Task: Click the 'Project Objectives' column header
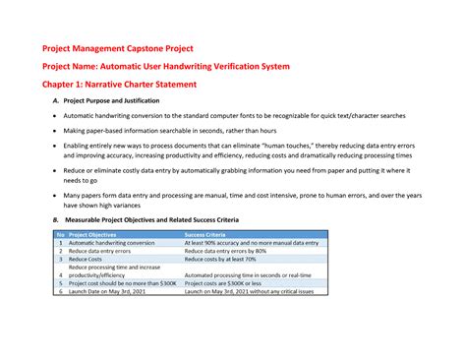[x=97, y=235]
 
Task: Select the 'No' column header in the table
[x=61, y=235]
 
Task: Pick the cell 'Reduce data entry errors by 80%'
[x=225, y=251]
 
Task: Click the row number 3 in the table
[x=61, y=259]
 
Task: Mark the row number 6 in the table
[x=61, y=292]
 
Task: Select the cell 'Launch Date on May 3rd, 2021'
[x=108, y=292]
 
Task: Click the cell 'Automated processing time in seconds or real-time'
[x=248, y=275]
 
